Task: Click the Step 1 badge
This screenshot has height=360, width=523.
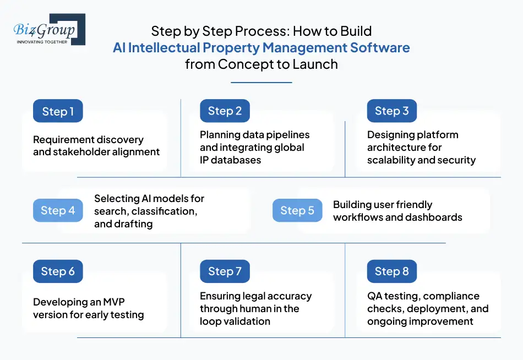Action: pyautogui.click(x=58, y=111)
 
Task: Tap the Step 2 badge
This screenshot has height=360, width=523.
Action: pyautogui.click(x=225, y=111)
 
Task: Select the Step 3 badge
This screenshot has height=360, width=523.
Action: pyautogui.click(x=391, y=111)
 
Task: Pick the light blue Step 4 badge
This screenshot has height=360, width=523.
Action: pyautogui.click(x=58, y=211)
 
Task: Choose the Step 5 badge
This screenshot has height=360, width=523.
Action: pyautogui.click(x=297, y=211)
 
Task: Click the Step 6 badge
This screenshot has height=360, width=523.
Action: pyautogui.click(x=58, y=271)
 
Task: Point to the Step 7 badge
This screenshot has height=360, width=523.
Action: pyautogui.click(x=225, y=271)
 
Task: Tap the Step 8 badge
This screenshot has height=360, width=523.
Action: pyautogui.click(x=391, y=271)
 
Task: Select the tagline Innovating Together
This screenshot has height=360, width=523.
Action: pyautogui.click(x=42, y=42)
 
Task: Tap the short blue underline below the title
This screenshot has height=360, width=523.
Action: pyautogui.click(x=261, y=83)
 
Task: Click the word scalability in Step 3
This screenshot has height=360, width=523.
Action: pyautogui.click(x=393, y=160)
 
